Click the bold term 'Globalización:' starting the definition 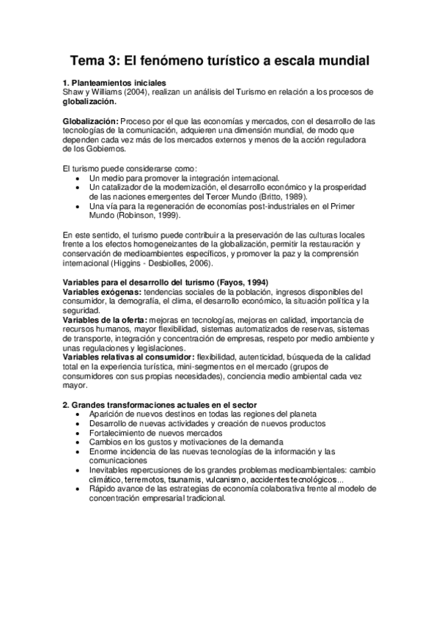pos(89,120)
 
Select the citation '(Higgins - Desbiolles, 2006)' pos(169,261)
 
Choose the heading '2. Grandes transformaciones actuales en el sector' pos(159,406)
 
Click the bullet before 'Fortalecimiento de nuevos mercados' pos(78,433)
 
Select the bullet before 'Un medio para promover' pos(78,178)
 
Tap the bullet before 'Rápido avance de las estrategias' pos(78,489)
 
